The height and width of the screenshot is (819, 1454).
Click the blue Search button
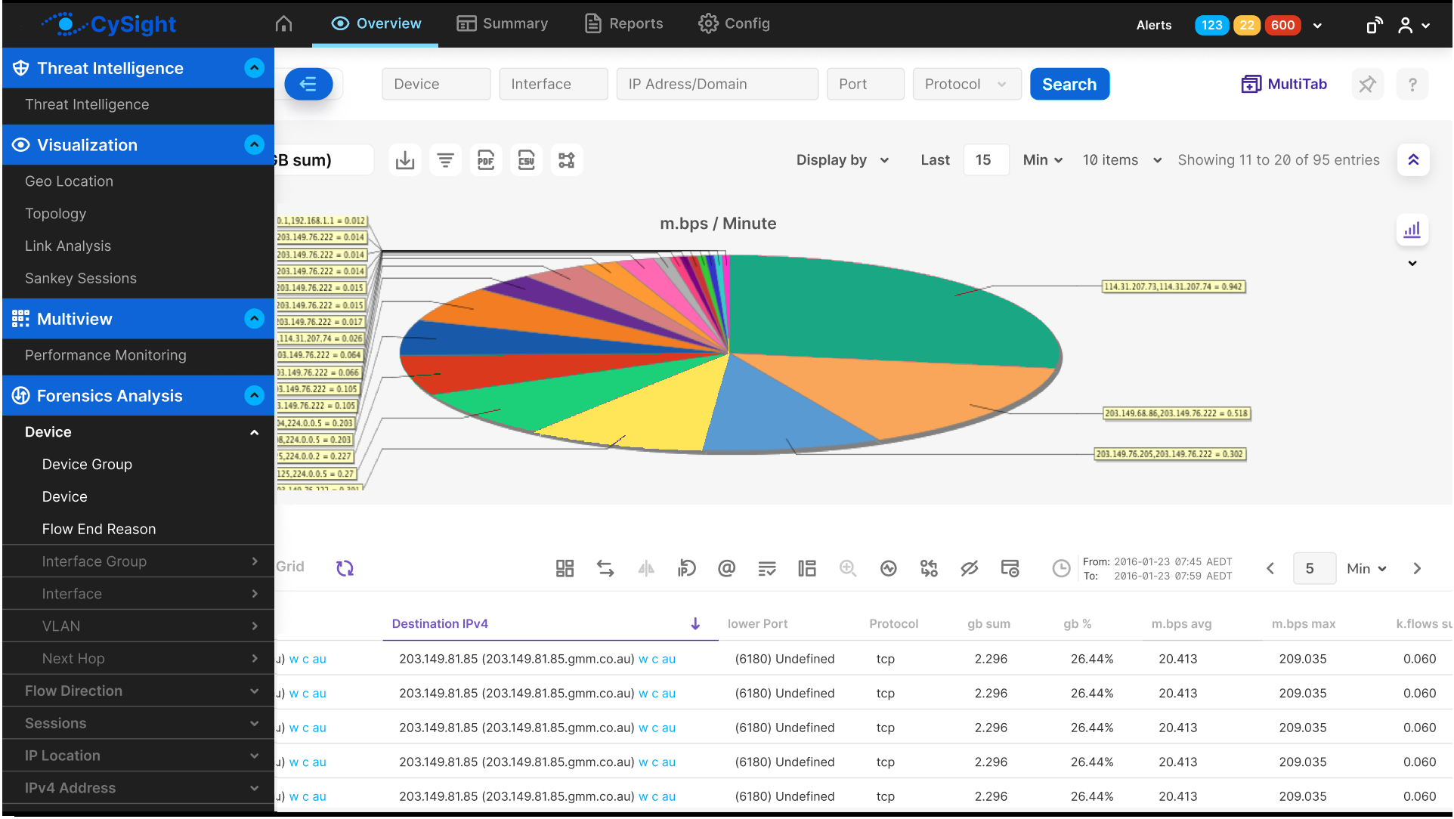[1069, 84]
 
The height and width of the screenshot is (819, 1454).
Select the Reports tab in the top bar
[624, 23]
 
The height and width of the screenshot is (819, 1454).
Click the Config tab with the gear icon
[734, 23]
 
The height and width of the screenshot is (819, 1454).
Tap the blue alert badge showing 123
[1211, 25]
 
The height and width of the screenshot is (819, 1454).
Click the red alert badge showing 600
[1282, 25]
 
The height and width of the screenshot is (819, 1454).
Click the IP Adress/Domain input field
[716, 84]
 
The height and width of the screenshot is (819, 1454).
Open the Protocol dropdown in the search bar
[966, 84]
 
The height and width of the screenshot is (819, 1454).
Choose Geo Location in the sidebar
[69, 181]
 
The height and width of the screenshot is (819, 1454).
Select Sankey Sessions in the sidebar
[81, 278]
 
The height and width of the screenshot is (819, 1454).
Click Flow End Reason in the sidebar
[99, 529]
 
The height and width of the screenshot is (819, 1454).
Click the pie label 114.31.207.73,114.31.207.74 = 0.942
[1173, 287]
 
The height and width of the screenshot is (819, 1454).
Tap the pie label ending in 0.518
[1176, 413]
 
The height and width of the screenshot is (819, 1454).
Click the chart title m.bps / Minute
[718, 224]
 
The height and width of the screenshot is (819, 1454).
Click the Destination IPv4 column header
[440, 623]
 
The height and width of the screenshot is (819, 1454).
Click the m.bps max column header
[1303, 623]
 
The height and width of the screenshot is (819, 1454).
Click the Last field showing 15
[985, 160]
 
